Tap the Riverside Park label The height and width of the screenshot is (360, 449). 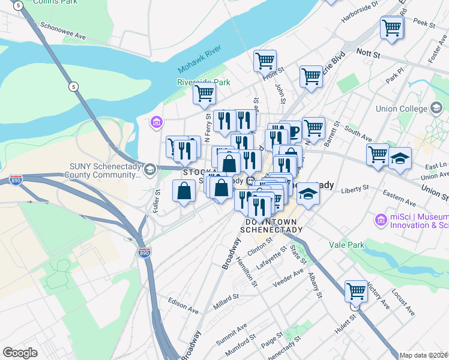pos(204,82)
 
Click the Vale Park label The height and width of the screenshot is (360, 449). pos(347,245)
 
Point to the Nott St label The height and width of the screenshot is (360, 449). pos(369,54)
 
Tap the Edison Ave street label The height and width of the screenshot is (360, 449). pos(183,305)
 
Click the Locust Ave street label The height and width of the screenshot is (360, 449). pos(403,304)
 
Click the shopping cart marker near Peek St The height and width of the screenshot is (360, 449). pos(391,28)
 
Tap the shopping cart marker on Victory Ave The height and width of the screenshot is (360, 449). pos(356,292)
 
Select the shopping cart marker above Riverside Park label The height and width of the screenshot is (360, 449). pos(204,94)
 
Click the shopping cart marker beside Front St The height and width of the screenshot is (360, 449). pos(265,61)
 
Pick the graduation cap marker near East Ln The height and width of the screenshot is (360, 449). pos(400,159)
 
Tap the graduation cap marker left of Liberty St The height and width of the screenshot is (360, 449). pos(308,194)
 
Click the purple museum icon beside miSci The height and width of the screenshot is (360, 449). pos(380,220)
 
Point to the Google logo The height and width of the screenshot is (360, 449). pos(20,353)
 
